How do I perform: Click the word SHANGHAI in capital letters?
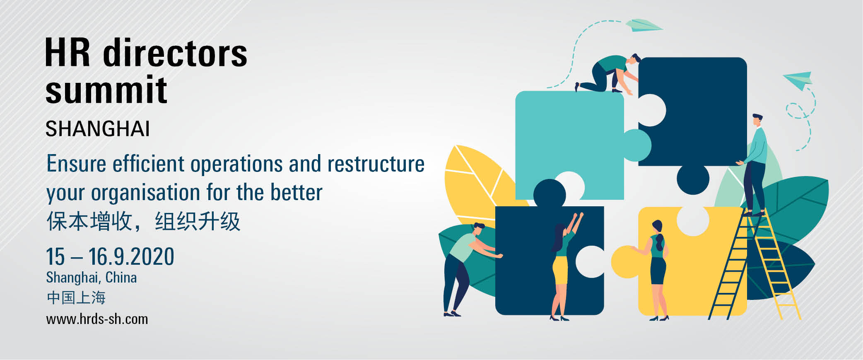(97, 129)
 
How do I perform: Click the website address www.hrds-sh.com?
(97, 319)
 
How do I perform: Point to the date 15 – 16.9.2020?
(110, 256)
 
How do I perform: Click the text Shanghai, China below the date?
(92, 278)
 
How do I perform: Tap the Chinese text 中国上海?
(76, 297)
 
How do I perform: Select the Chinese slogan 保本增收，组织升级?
(143, 221)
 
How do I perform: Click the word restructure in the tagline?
(376, 164)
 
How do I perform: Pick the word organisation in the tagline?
(145, 193)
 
